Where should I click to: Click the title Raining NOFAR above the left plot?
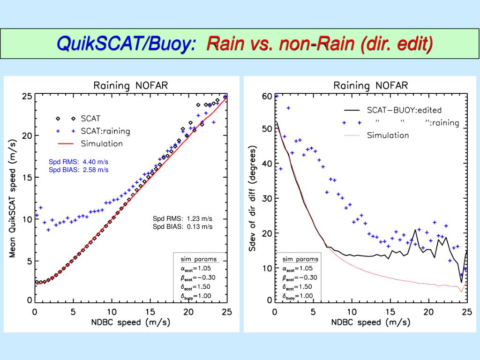pos(131,85)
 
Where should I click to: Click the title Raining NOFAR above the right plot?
pos(370,85)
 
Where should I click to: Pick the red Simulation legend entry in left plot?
pos(101,143)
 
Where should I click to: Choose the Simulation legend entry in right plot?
pos(388,135)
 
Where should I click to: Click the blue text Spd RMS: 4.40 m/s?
pos(78,162)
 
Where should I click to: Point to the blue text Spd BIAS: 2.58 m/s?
pos(78,170)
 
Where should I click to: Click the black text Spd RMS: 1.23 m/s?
pos(182,218)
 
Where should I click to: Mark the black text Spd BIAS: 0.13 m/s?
pos(182,226)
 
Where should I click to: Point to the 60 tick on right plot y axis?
pos(266,97)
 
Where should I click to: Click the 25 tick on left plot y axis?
pos(27,97)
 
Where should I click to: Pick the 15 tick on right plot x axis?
pos(390,312)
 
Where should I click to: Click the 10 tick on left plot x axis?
pos(112,312)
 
